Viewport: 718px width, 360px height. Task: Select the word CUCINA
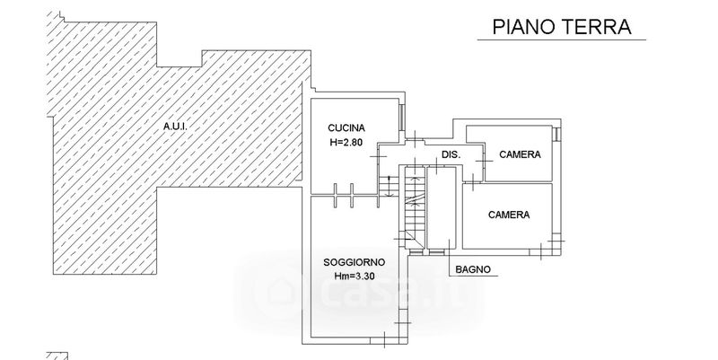click(347, 127)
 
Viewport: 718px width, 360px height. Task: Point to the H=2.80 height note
click(347, 142)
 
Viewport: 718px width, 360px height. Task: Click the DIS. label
click(451, 154)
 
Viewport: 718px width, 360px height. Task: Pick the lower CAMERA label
click(508, 215)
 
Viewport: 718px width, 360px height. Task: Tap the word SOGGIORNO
click(354, 262)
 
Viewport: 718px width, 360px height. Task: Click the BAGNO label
click(473, 269)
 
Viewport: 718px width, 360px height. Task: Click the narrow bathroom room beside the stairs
click(441, 206)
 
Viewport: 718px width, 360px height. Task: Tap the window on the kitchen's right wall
click(401, 116)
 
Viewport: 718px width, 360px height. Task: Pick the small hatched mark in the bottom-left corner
click(59, 355)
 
